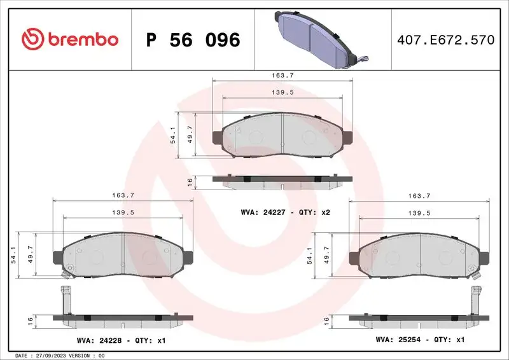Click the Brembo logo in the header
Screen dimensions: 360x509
point(70,39)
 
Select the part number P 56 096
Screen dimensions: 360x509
point(193,40)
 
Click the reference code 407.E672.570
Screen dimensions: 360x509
point(445,40)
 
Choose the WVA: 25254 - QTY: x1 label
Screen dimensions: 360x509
point(419,340)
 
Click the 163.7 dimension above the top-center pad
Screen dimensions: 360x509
point(282,76)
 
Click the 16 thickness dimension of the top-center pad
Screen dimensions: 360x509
point(190,182)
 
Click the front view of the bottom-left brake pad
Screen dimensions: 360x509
point(122,256)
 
